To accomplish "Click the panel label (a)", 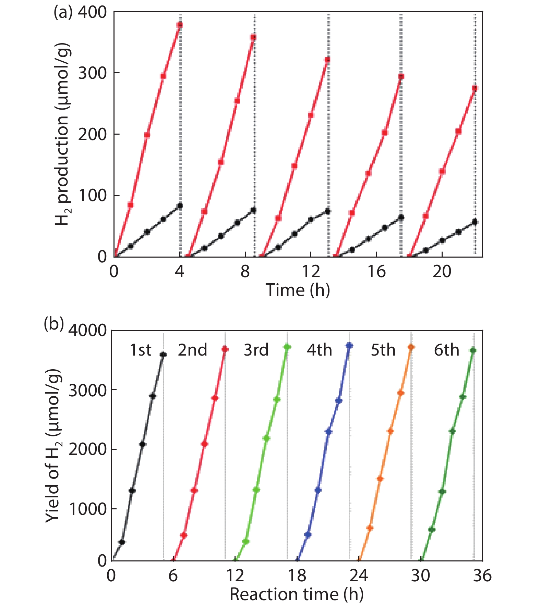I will tap(63, 13).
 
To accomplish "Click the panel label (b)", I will tap(54, 324).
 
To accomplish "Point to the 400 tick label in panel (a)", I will tap(92, 13).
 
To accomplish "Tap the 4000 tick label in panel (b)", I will tap(88, 331).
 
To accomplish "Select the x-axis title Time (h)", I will tap(298, 290).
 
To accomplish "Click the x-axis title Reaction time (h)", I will tap(296, 595).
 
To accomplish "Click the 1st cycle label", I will tap(140, 350).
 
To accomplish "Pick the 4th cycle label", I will tap(319, 350).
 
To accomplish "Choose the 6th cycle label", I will tap(446, 350).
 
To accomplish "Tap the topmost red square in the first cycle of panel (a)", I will tap(180, 25).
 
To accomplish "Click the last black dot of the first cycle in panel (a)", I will tap(180, 206).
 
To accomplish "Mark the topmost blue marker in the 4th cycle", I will tap(349, 346).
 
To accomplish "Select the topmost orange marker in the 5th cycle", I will tap(411, 347).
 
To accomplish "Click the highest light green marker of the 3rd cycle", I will tap(287, 347).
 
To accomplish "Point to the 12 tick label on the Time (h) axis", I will tap(311, 272).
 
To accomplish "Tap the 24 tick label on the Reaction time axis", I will tap(359, 576).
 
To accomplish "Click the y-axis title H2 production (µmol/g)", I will tap(63, 134).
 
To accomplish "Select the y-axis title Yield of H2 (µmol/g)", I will tap(54, 445).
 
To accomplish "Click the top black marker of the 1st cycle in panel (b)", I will tap(163, 355).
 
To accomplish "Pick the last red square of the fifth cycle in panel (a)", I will tap(475, 89).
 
